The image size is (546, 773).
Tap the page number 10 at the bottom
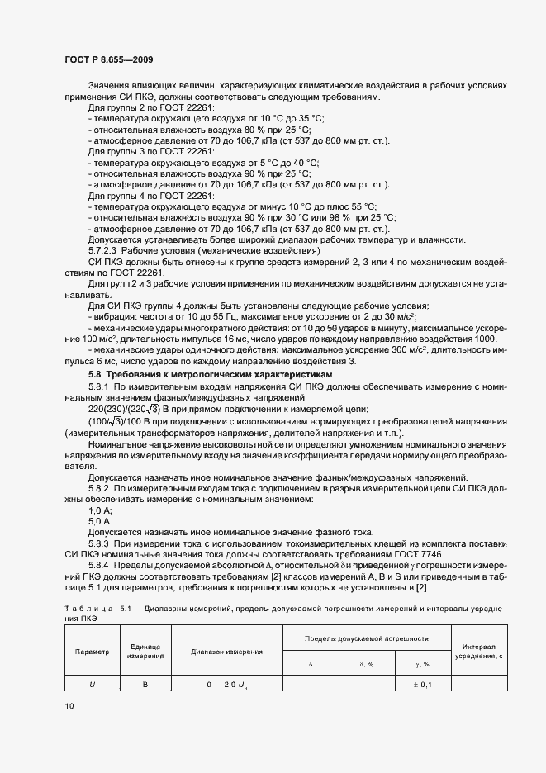pyautogui.click(x=69, y=705)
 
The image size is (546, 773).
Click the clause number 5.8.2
pyautogui.click(x=98, y=488)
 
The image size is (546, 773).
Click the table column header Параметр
pyautogui.click(x=92, y=651)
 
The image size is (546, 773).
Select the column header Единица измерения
pyautogui.click(x=145, y=651)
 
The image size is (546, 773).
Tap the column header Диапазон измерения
pyautogui.click(x=226, y=651)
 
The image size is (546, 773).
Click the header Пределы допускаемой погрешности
pyautogui.click(x=366, y=638)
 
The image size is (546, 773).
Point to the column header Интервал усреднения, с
pyautogui.click(x=478, y=651)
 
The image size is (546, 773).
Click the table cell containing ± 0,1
pyautogui.click(x=422, y=684)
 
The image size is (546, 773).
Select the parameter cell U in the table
pyautogui.click(x=92, y=684)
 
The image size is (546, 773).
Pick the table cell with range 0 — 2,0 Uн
pyautogui.click(x=227, y=684)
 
